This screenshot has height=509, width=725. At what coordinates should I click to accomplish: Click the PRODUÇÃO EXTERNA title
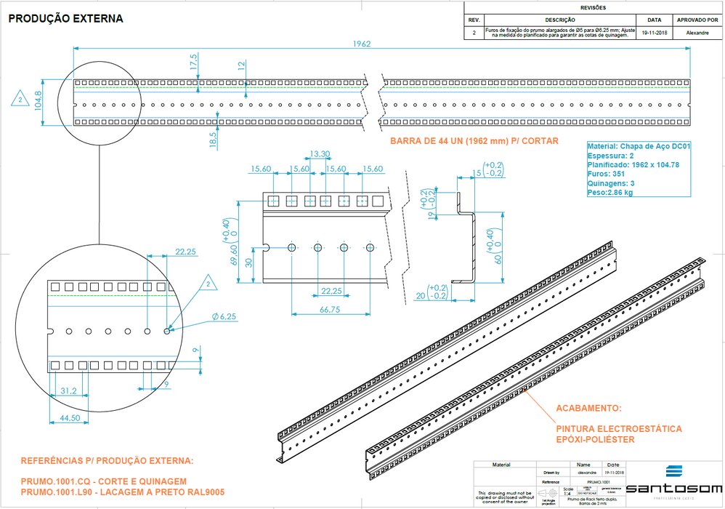pos(66,18)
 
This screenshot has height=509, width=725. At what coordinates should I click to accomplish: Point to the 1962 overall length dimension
pos(362,44)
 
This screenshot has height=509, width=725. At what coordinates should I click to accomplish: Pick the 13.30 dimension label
pos(320,154)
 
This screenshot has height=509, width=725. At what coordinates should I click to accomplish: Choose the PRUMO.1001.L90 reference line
pos(122,492)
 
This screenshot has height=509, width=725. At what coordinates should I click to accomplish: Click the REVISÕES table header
pos(592,8)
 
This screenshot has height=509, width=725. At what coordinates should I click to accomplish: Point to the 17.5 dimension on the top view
pos(193,62)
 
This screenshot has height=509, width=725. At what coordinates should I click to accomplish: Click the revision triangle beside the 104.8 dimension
pos(21,98)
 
